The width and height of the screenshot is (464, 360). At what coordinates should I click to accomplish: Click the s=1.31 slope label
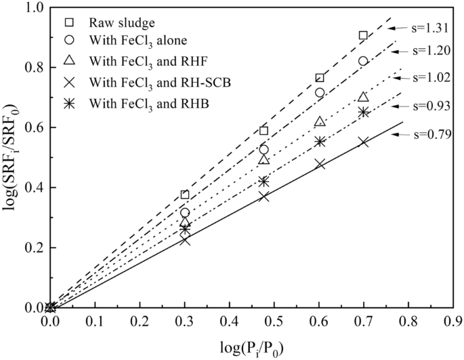click(431, 28)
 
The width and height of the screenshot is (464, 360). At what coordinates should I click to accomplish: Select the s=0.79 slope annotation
click(431, 134)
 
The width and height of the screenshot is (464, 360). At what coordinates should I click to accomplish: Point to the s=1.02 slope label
click(431, 78)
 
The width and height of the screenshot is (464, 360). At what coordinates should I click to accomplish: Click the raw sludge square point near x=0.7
click(364, 35)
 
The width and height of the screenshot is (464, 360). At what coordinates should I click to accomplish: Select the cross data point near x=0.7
click(364, 142)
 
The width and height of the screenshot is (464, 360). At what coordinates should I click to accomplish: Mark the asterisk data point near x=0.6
click(320, 142)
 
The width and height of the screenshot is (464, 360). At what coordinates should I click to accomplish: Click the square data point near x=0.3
click(185, 195)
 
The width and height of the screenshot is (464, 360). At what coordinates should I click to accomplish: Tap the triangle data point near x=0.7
click(364, 97)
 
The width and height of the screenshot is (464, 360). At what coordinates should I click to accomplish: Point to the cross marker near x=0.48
click(263, 196)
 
